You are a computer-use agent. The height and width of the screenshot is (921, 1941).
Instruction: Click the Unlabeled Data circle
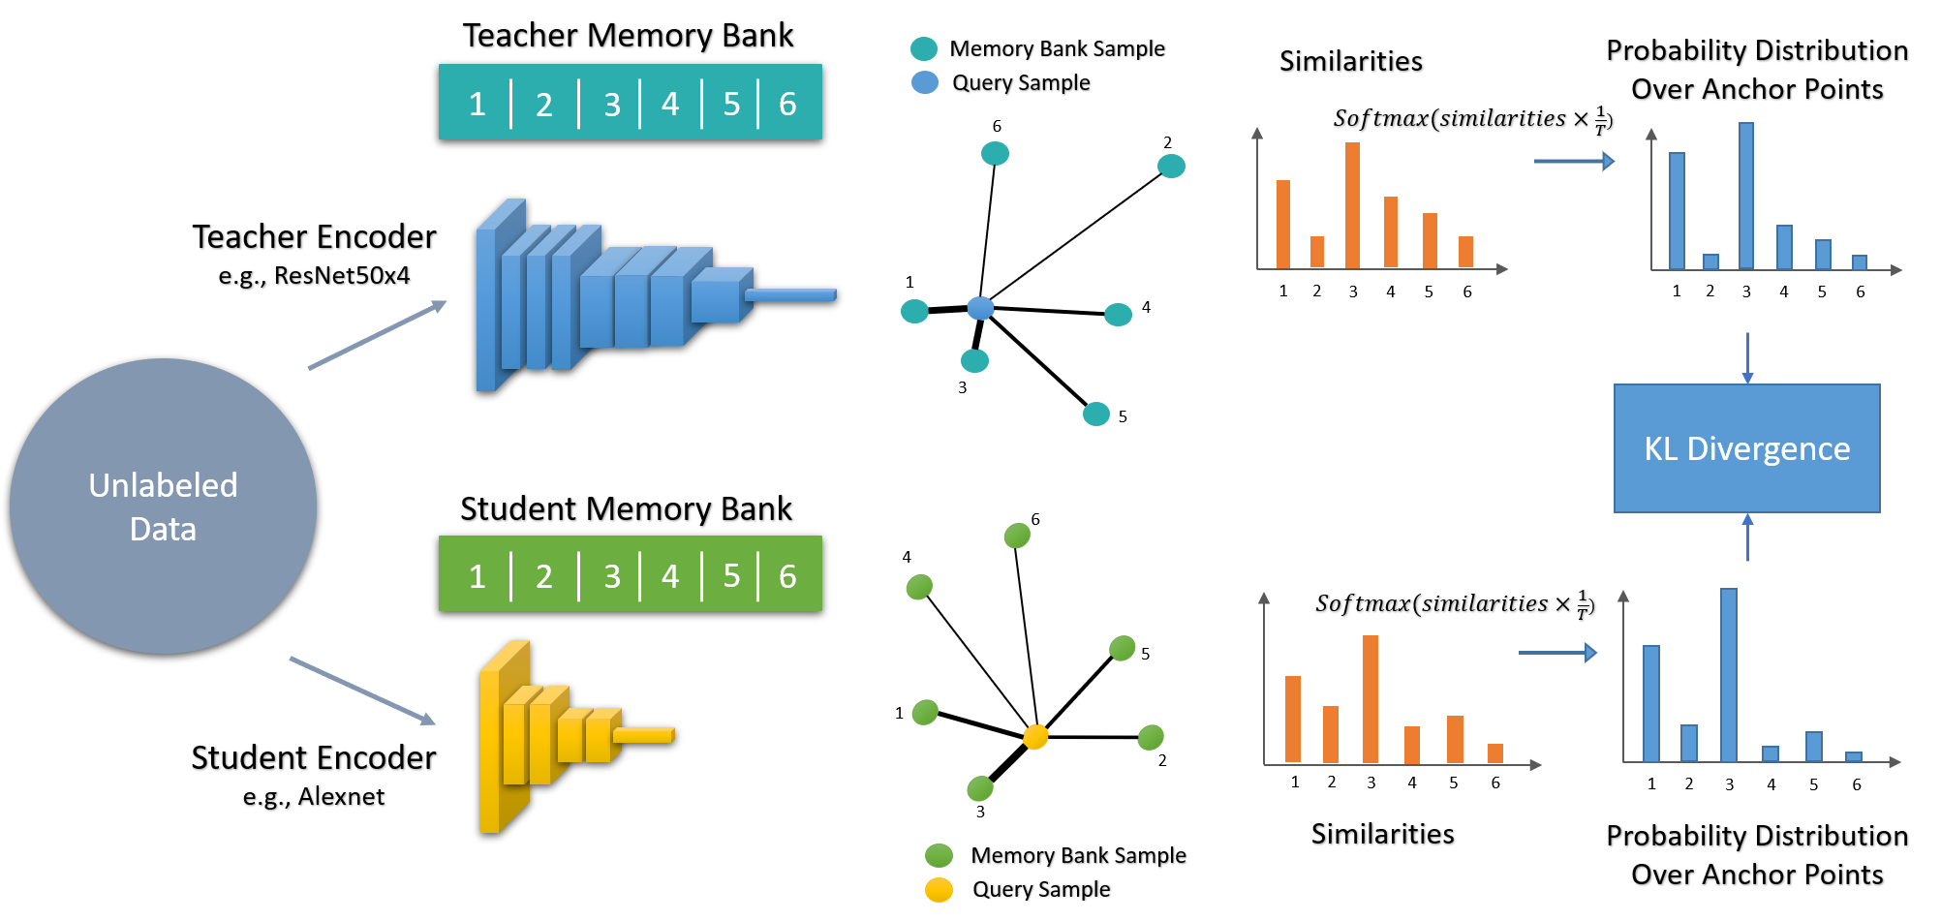(163, 506)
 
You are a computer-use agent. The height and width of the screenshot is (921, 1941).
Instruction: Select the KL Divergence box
(1746, 448)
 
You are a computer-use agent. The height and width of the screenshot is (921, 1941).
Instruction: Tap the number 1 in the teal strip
(477, 104)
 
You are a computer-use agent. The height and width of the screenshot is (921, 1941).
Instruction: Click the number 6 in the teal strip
(787, 104)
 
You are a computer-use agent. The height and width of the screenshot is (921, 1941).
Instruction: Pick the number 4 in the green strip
(669, 576)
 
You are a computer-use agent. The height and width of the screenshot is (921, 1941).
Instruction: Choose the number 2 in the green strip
(543, 576)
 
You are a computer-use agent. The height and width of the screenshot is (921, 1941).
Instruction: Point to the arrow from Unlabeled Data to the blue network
(377, 335)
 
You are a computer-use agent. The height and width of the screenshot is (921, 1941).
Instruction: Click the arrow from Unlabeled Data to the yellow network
(362, 691)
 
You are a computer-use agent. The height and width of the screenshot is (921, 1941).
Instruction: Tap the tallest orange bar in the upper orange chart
(1352, 205)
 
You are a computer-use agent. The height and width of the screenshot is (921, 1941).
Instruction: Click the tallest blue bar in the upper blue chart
(1745, 196)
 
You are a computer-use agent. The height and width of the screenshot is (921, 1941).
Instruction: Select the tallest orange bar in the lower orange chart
(1370, 698)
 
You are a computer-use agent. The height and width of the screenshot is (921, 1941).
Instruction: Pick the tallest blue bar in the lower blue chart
(1728, 674)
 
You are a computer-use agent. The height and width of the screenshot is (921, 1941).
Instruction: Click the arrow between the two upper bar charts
(1574, 161)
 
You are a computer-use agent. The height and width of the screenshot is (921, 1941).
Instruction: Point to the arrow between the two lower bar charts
(1557, 653)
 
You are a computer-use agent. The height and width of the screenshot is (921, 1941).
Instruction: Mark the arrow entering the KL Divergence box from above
(1747, 358)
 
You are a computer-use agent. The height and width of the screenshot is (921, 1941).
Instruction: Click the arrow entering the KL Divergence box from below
(1747, 537)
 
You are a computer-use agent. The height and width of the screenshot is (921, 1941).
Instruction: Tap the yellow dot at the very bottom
(939, 889)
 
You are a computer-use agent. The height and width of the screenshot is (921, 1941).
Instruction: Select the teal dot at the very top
(924, 48)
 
